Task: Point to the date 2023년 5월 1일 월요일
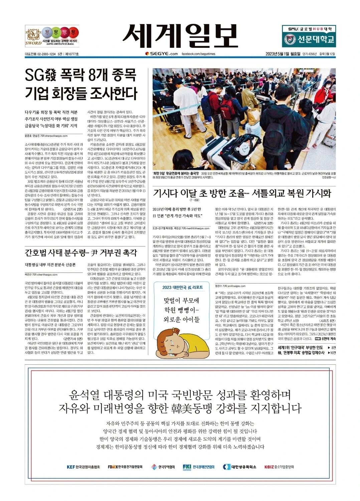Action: click(283, 54)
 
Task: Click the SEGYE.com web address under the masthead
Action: click(162, 54)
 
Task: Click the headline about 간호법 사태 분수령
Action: click(81, 253)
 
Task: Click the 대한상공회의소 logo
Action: click(239, 467)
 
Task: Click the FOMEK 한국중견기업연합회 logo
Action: click(125, 467)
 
